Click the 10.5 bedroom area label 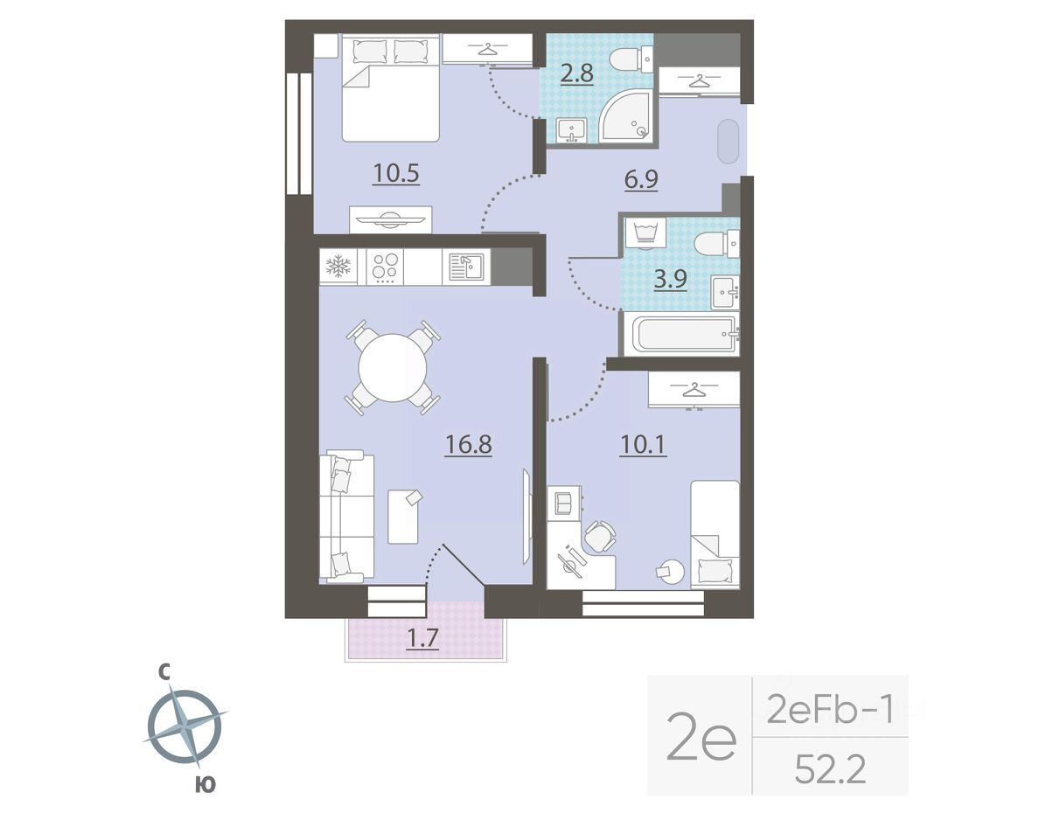(396, 174)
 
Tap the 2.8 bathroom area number (576, 73)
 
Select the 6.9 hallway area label (641, 179)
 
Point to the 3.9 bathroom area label (670, 280)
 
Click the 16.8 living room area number (469, 444)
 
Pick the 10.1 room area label (643, 444)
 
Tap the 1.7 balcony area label (422, 638)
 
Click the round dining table (393, 367)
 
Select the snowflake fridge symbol (338, 267)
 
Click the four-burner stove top (385, 267)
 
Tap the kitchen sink (466, 267)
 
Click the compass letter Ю (206, 785)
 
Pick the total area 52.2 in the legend (830, 770)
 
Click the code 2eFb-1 (830, 709)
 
